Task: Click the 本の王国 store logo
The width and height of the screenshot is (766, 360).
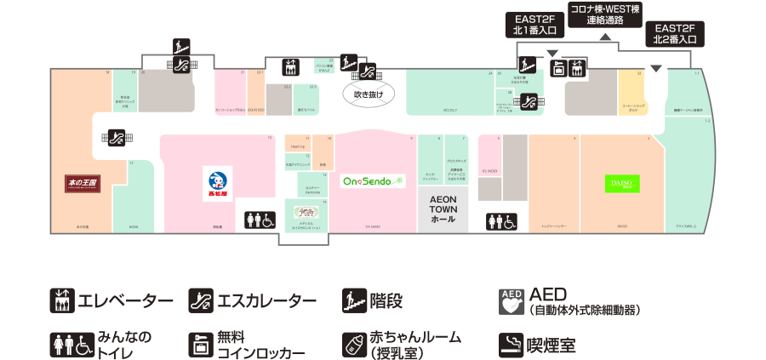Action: coord(83,182)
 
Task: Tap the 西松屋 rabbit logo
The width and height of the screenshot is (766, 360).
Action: coord(217,181)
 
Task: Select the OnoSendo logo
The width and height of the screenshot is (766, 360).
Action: coord(374,181)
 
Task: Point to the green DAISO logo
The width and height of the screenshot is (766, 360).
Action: coord(622,183)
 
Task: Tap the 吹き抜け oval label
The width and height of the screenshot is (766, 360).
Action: coord(369,94)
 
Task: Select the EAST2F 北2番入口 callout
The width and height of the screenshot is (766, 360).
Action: coord(675,33)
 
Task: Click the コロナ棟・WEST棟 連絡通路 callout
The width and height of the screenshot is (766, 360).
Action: coord(605,14)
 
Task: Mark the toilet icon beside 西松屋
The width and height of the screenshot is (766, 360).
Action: coord(260,220)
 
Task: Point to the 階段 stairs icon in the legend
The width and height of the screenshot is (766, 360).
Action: coord(352,300)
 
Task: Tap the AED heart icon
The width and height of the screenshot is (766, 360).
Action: coord(511,301)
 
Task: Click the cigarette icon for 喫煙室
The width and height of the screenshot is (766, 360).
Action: coord(511,343)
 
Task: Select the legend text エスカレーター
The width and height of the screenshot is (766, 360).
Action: coord(266,300)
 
